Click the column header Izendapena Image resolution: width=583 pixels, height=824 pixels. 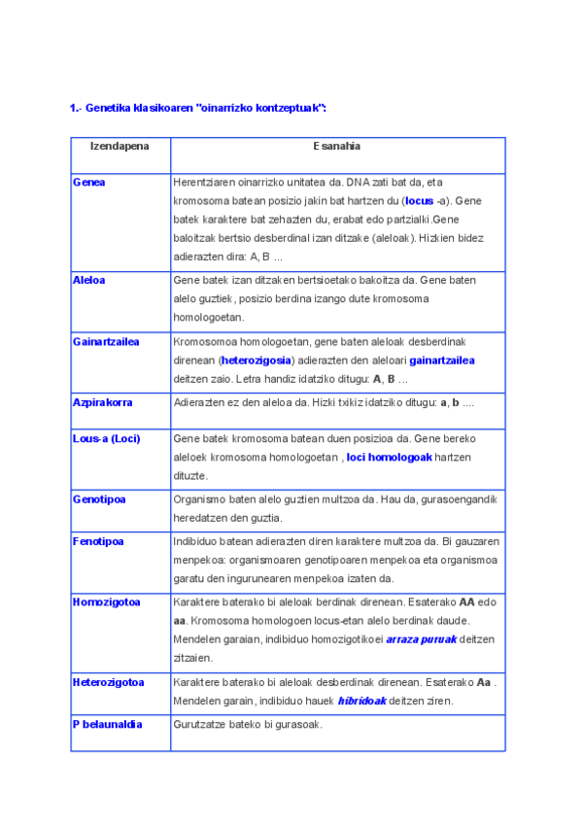click(120, 146)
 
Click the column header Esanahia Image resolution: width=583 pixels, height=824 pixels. click(337, 146)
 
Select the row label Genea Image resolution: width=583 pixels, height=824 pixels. click(89, 183)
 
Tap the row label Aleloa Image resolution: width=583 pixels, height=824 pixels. click(89, 280)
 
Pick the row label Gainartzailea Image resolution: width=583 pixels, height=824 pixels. click(106, 342)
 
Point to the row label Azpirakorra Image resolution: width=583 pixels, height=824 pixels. click(102, 402)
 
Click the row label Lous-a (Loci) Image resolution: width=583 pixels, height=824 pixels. click(106, 439)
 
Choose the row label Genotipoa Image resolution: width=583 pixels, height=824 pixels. click(99, 499)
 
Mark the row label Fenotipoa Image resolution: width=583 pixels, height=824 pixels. click(98, 541)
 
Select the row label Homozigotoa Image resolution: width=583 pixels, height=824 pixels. click(106, 602)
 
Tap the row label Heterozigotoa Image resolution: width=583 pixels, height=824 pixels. click(108, 682)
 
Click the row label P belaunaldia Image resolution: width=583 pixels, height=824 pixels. click(107, 725)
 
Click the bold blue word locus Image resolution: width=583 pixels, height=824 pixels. click(419, 201)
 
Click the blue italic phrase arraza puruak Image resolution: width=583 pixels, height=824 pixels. click(420, 639)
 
